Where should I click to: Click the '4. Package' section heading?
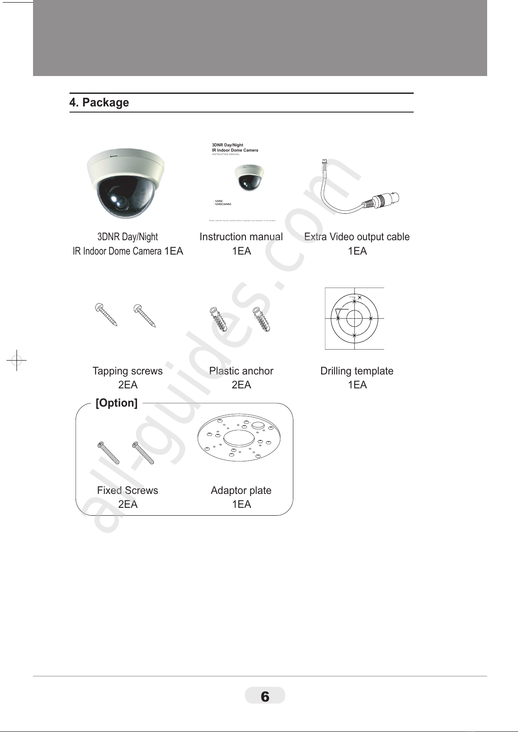(99, 103)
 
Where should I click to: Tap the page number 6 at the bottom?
(265, 696)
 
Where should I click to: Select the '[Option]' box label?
(116, 403)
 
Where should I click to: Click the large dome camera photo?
(126, 185)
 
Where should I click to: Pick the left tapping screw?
(106, 314)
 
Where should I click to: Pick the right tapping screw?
(144, 315)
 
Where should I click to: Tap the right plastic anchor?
(262, 319)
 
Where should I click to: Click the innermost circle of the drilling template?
(355, 318)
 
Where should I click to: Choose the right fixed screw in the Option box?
(143, 453)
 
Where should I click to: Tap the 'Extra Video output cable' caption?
(357, 237)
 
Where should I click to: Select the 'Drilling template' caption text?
(357, 371)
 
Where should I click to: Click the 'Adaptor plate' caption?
(241, 490)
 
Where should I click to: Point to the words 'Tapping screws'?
(127, 371)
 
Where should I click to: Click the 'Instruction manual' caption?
(241, 237)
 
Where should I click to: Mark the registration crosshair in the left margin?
(17, 360)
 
